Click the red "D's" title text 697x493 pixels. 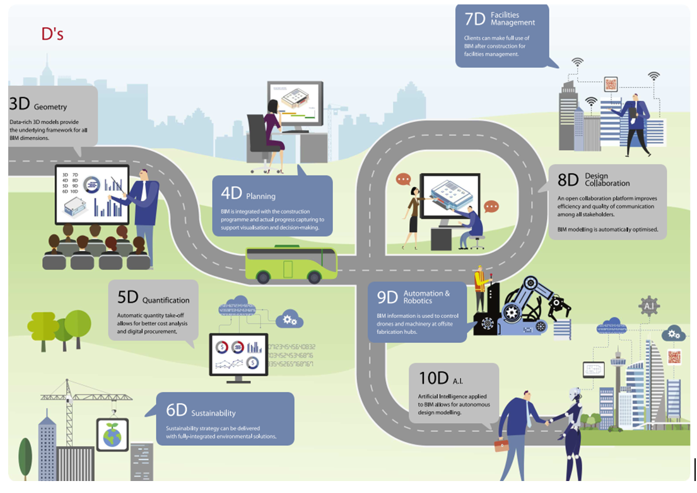[52, 34]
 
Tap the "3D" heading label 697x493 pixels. [20, 105]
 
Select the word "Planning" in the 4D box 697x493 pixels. [261, 196]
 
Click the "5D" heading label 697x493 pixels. [128, 298]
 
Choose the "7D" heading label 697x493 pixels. [474, 19]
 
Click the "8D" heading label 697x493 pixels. [568, 180]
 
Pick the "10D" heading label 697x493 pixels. [433, 379]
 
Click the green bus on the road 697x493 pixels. [291, 264]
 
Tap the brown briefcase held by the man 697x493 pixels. [501, 445]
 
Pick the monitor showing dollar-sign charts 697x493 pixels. [238, 355]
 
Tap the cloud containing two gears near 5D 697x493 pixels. [290, 320]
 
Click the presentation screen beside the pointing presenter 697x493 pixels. [92, 194]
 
